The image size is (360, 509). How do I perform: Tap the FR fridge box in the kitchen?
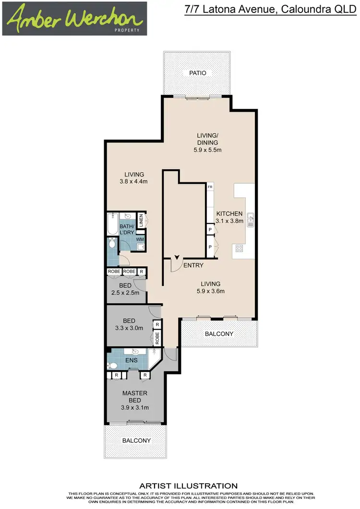click(x=210, y=187)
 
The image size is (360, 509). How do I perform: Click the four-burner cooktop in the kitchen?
click(x=238, y=249)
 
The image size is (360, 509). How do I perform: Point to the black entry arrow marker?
click(x=177, y=258)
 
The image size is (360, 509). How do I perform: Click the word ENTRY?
click(x=193, y=265)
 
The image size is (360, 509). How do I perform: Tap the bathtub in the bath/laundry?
click(x=112, y=224)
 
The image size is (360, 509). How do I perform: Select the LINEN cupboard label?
click(x=141, y=222)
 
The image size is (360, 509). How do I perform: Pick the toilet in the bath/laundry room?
click(x=112, y=244)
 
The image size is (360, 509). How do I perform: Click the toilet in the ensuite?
click(x=112, y=365)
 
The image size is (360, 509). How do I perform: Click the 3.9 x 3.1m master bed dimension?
click(x=135, y=408)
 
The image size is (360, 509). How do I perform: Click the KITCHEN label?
click(x=229, y=213)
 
